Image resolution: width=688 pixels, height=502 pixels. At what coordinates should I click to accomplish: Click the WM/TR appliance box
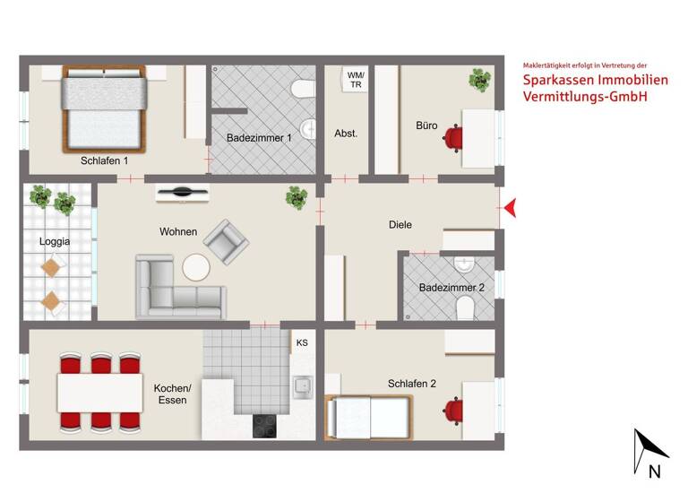pos(356,80)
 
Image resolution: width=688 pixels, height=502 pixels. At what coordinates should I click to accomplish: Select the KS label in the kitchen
pos(302,342)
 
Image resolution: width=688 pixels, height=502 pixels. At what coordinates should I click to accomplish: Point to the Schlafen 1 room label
pos(103,160)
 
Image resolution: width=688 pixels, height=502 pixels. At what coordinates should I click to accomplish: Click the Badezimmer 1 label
pos(259,138)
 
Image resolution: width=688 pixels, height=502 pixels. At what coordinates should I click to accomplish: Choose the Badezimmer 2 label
pos(451,288)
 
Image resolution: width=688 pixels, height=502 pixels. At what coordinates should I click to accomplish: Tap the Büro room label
pos(426,125)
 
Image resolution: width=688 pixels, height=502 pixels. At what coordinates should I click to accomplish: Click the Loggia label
pos(54,241)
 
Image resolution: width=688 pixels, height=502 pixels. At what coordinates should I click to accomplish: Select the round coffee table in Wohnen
pos(196,267)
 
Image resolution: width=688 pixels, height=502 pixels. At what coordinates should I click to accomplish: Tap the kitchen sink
pos(302,386)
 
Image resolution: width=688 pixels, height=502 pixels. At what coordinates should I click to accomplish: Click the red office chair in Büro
pos(456,137)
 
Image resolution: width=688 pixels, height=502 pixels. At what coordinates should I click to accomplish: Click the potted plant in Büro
pos(480,81)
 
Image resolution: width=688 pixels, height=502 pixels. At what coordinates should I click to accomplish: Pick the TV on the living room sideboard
pos(182,191)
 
